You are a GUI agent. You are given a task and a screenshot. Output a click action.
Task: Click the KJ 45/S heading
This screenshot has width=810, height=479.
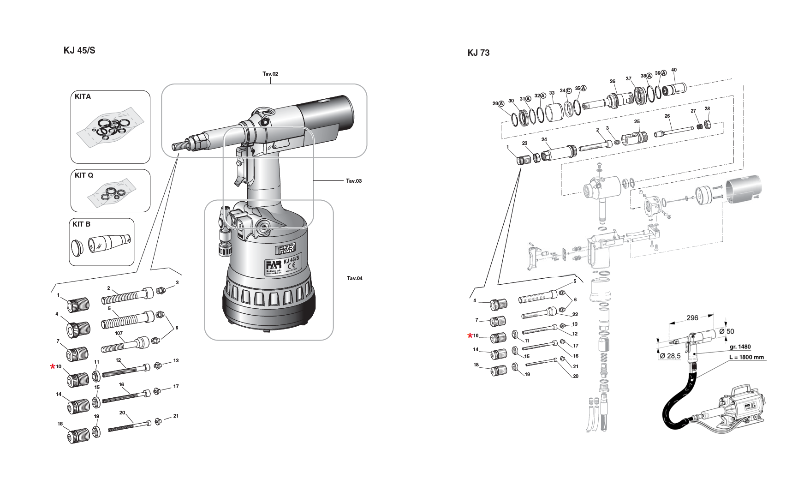tap(79, 50)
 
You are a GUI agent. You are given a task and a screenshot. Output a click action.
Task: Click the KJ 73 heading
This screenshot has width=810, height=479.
tap(478, 53)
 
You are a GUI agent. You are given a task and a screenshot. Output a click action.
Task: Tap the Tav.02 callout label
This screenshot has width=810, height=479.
tap(270, 74)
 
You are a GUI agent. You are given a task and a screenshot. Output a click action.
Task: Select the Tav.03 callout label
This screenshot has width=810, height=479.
tap(354, 181)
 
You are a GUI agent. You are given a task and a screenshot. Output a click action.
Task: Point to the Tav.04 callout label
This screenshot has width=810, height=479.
tap(355, 278)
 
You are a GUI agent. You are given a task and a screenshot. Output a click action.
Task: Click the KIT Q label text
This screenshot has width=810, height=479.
tap(84, 175)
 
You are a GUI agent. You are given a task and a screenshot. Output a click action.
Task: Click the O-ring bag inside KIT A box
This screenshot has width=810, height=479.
tap(110, 129)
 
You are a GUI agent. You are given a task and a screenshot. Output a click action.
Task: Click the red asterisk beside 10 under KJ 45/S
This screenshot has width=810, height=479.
tap(53, 367)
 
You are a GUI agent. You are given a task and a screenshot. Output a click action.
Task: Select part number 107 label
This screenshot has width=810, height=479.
tap(119, 333)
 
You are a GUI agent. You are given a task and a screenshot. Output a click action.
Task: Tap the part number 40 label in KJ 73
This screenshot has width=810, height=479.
tap(674, 70)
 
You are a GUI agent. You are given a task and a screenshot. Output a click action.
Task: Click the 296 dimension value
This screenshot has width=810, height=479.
tap(692, 317)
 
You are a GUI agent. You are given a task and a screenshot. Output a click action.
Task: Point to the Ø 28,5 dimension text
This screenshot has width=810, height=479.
tap(670, 356)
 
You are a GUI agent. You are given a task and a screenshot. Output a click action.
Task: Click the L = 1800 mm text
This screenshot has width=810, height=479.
tap(746, 357)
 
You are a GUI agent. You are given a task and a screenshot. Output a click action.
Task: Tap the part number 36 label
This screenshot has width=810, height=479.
tap(612, 81)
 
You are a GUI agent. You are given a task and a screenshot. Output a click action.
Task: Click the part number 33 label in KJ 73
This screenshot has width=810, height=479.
tap(552, 93)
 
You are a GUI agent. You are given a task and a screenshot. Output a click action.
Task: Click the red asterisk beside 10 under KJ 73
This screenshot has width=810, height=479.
tap(470, 335)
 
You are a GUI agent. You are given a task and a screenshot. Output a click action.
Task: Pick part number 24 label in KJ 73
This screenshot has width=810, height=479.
tap(544, 140)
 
